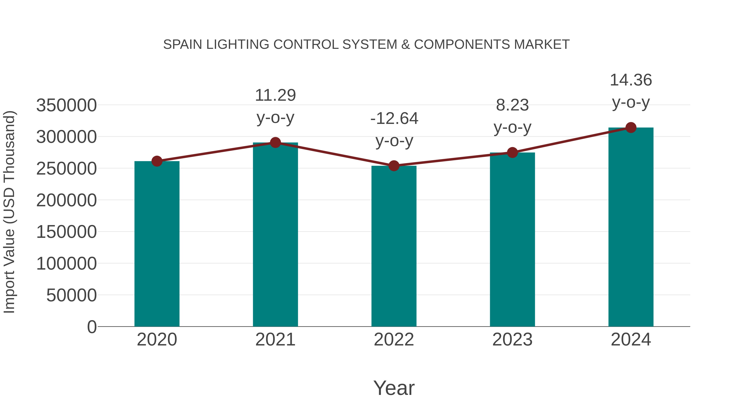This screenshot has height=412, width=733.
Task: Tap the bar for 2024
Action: click(631, 227)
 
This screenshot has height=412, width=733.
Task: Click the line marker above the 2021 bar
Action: click(275, 142)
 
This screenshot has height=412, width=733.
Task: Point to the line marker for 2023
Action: click(512, 153)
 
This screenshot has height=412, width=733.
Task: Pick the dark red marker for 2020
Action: click(157, 161)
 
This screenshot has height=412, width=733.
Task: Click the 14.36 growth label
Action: click(631, 80)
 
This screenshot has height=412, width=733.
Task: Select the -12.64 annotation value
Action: click(394, 119)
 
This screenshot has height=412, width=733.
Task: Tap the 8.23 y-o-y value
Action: click(512, 105)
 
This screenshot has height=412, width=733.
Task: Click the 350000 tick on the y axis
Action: click(66, 105)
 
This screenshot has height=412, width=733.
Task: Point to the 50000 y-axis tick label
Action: click(71, 295)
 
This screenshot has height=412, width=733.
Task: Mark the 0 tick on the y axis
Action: click(92, 327)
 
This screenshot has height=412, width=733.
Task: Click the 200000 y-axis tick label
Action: click(66, 200)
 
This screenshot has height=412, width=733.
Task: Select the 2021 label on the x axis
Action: click(275, 340)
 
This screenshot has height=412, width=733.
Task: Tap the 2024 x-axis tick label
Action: click(631, 340)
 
